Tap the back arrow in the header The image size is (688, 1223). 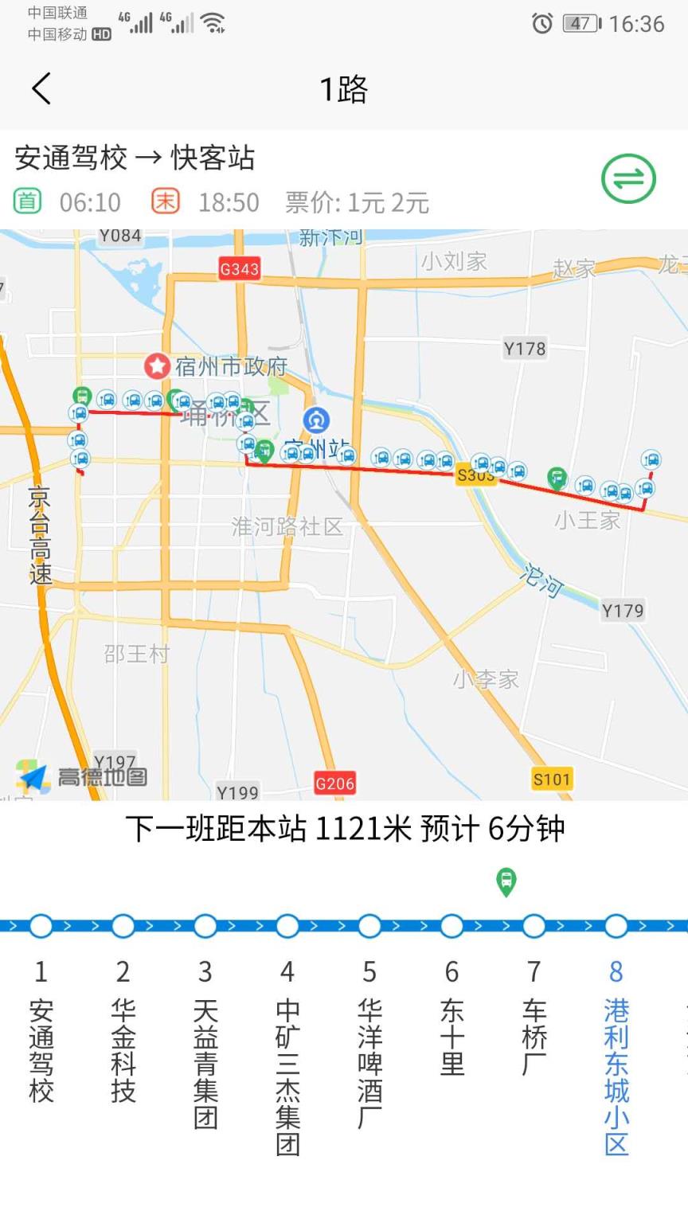41,88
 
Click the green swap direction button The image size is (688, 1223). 628,178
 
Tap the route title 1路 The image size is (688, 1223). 343,89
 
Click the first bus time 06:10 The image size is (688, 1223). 90,202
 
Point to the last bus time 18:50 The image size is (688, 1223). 229,202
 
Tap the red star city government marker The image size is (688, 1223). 157,366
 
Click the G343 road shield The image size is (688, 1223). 239,269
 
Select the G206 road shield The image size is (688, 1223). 334,783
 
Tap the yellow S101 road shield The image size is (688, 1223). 552,779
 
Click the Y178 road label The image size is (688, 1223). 525,348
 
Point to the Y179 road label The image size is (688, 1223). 623,611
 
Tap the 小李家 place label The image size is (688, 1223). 486,679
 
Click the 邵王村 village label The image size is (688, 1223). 137,654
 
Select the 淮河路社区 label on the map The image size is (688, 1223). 287,526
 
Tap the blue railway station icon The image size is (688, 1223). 317,420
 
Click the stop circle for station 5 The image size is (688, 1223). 369,926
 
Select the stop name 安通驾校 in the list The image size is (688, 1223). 41,1050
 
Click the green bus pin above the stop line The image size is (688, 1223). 506,881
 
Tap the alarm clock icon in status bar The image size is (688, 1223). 541,24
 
